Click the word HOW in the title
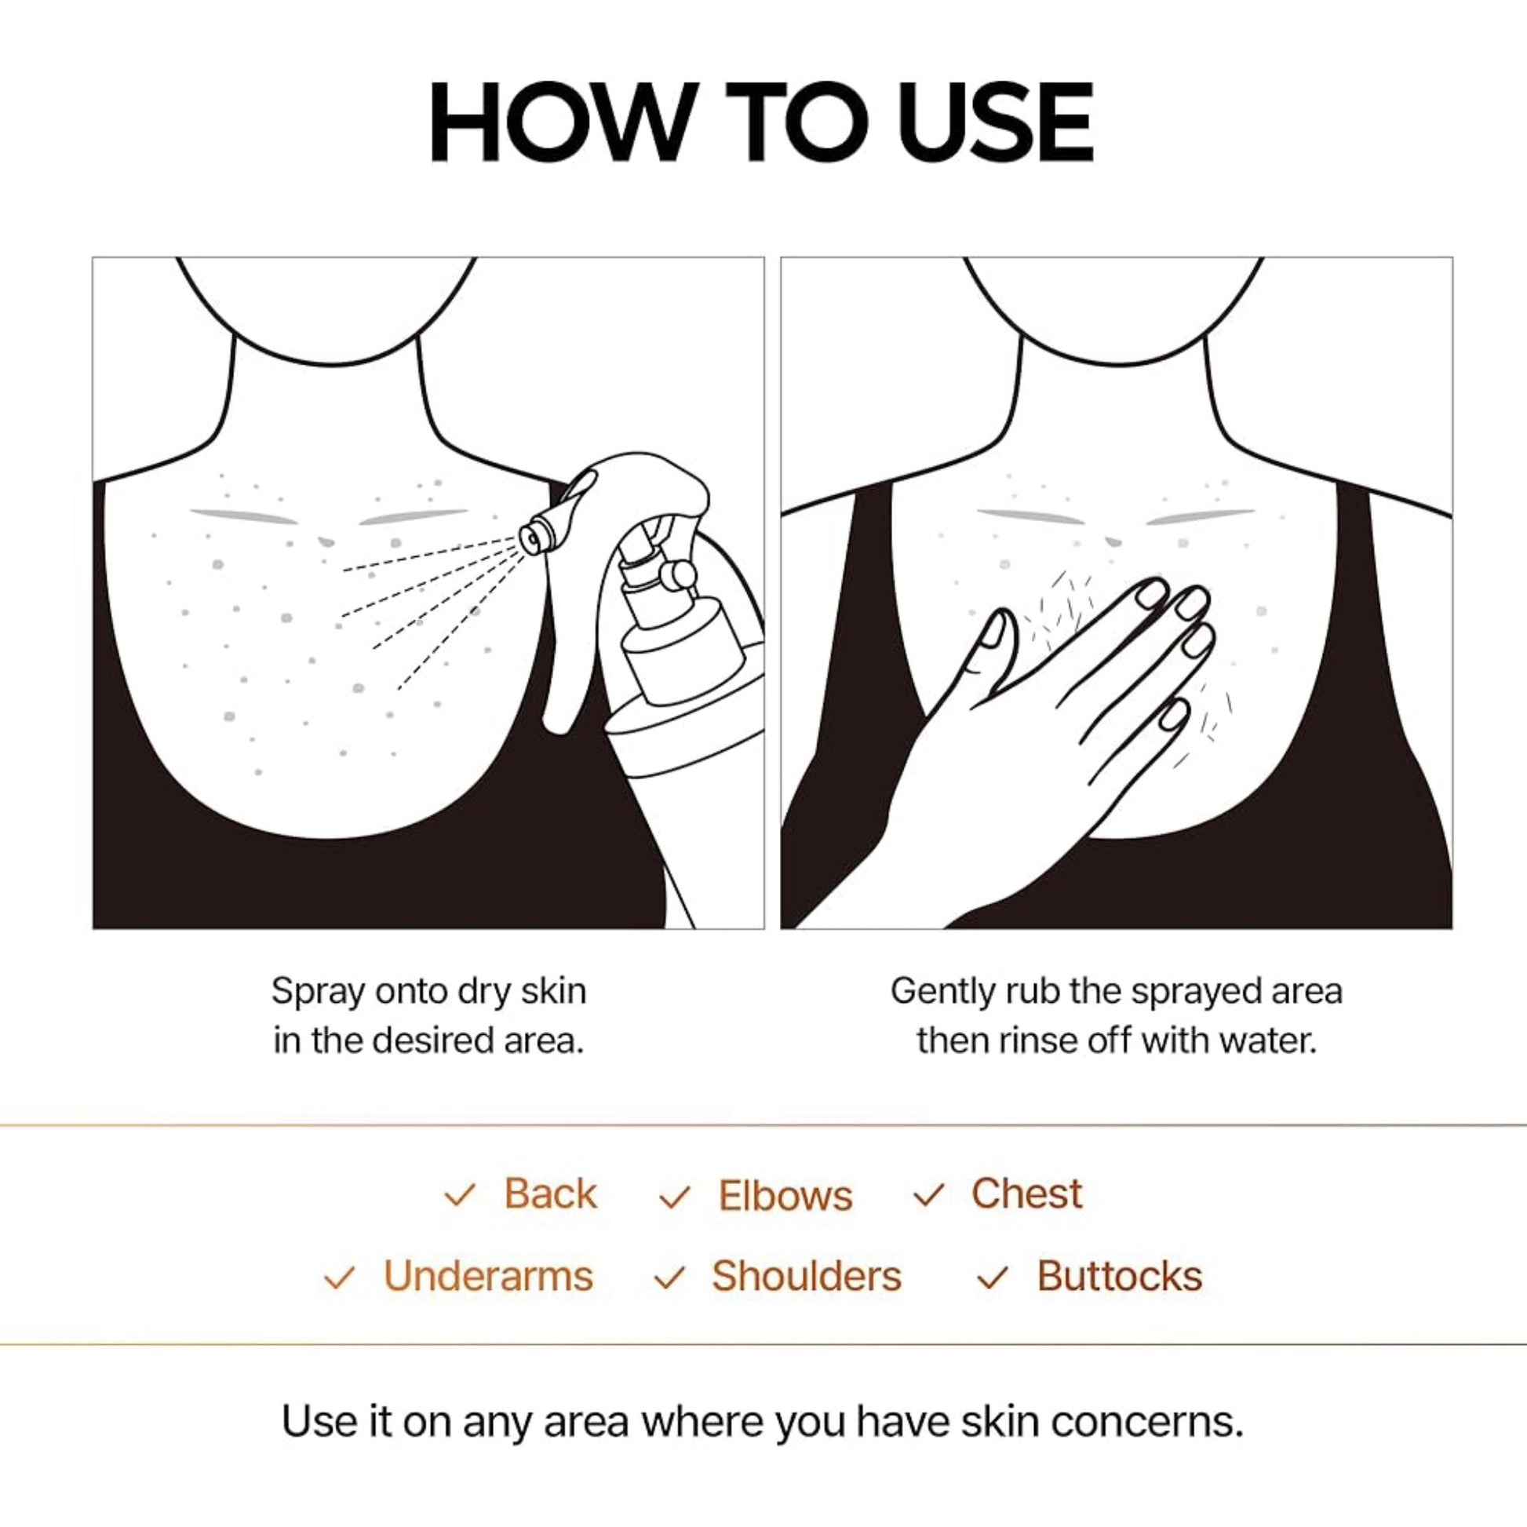[x=553, y=122]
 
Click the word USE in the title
[x=996, y=122]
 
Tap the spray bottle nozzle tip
[x=532, y=538]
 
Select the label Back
[x=550, y=1194]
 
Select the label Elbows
[x=785, y=1195]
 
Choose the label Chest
[x=1026, y=1194]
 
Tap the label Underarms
[x=487, y=1277]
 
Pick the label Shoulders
[x=806, y=1277]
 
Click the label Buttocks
[x=1119, y=1277]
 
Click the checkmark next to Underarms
[x=339, y=1278]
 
